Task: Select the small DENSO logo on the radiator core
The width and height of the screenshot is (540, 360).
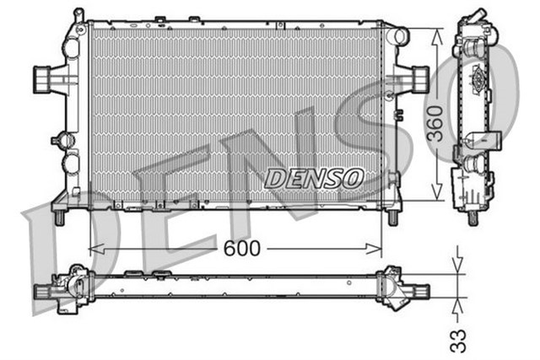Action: pyautogui.click(x=313, y=178)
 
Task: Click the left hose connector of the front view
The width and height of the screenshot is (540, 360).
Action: pyautogui.click(x=43, y=79)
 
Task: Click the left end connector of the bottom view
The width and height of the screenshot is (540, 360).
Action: pyautogui.click(x=44, y=291)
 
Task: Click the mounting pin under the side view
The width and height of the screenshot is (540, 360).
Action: pyautogui.click(x=472, y=217)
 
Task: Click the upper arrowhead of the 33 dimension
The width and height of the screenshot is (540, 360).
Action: pyautogui.click(x=457, y=267)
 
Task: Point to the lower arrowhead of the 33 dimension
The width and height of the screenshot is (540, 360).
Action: pyautogui.click(x=457, y=301)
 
